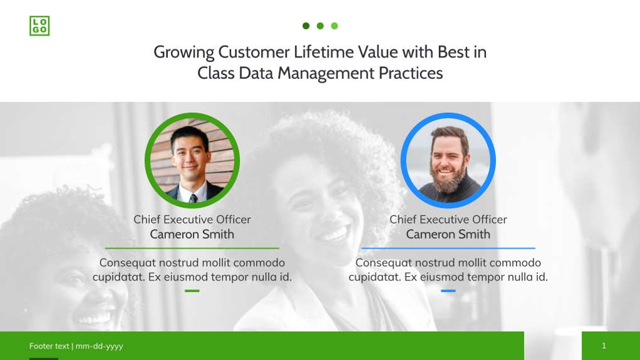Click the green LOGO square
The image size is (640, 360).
pyautogui.click(x=39, y=26)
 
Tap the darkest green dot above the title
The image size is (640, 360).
pyautogui.click(x=306, y=26)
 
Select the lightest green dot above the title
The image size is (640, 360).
pyautogui.click(x=334, y=26)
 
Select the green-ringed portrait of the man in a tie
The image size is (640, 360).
pyautogui.click(x=192, y=160)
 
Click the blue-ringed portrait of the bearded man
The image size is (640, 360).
pyautogui.click(x=448, y=160)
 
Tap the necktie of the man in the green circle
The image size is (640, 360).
pyautogui.click(x=194, y=198)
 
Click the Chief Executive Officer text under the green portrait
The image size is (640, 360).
pyautogui.click(x=192, y=219)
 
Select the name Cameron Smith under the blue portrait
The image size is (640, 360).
pyautogui.click(x=448, y=234)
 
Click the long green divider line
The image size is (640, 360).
pyautogui.click(x=192, y=249)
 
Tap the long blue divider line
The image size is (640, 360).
pyautogui.click(x=448, y=249)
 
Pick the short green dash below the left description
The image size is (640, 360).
pyautogui.click(x=192, y=291)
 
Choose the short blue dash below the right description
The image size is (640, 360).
pyautogui.click(x=448, y=291)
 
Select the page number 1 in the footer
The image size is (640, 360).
pyautogui.click(x=604, y=346)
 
